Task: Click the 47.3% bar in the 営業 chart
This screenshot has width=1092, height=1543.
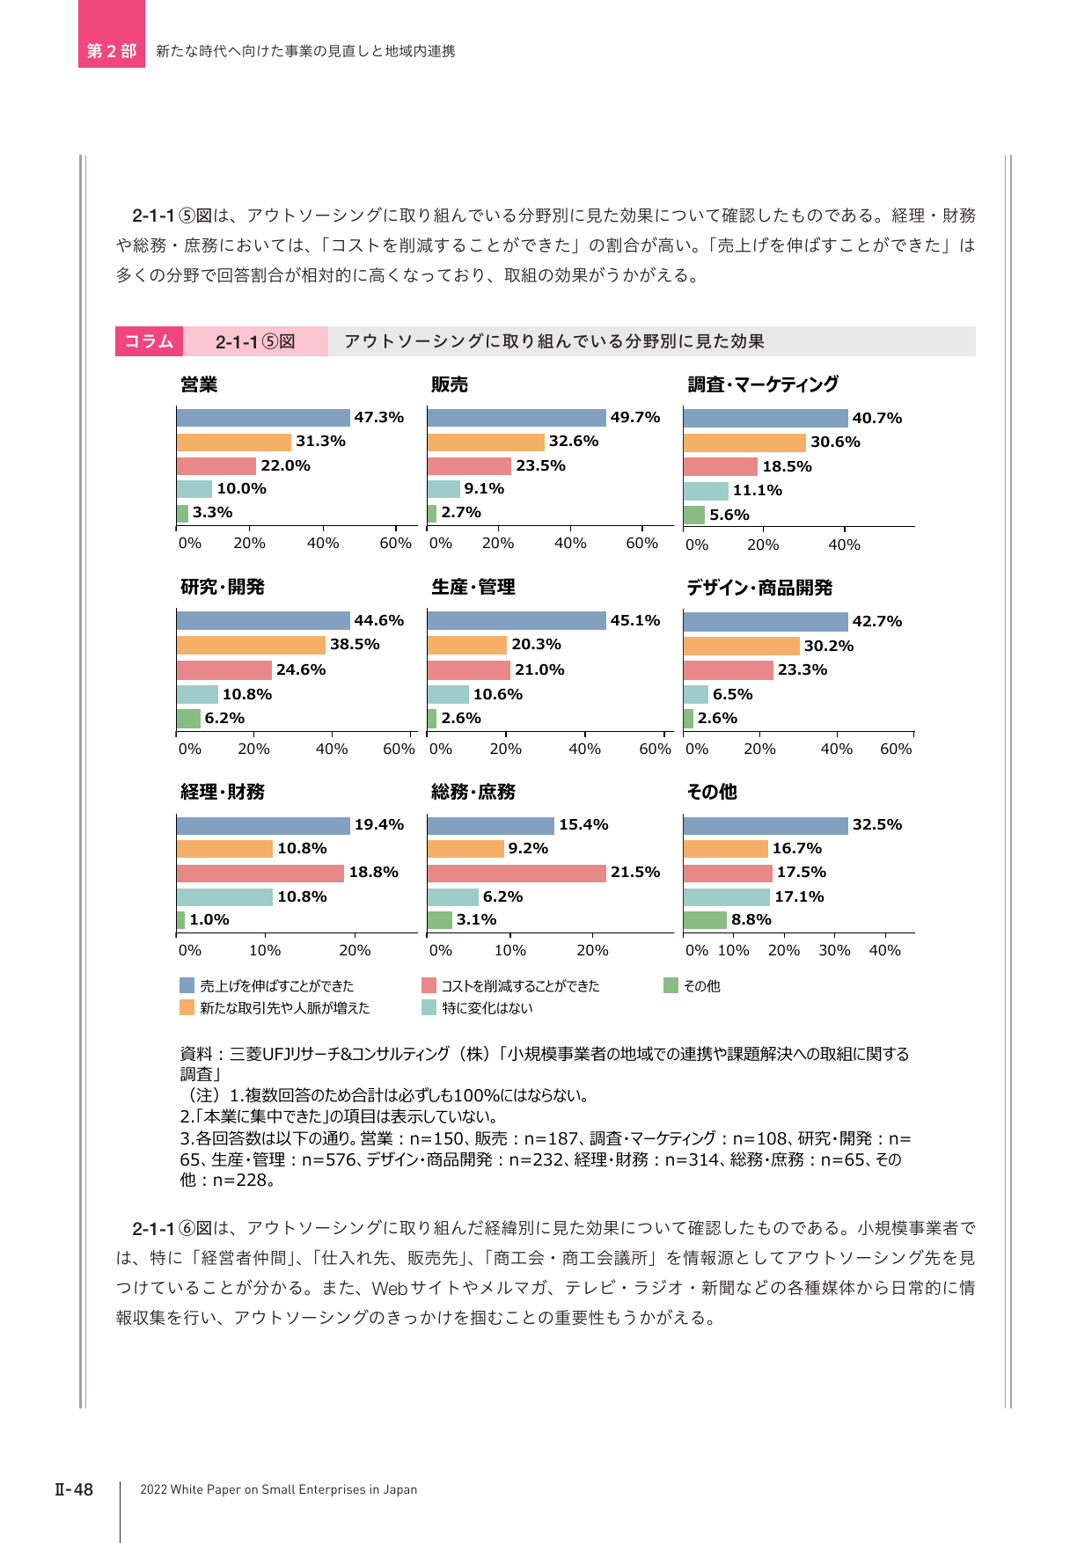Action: pos(263,418)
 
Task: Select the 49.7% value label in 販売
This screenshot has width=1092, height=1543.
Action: pos(635,417)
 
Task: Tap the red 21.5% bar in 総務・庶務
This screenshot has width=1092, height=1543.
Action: pos(517,873)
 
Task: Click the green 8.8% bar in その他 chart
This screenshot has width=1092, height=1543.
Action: pos(705,920)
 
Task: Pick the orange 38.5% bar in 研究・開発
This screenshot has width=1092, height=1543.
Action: pos(251,645)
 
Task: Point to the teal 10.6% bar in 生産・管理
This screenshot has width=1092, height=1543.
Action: pos(448,695)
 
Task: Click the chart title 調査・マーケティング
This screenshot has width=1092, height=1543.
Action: pos(763,384)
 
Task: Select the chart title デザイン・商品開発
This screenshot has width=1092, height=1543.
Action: pos(759,588)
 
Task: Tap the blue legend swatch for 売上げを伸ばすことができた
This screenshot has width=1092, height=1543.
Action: pos(187,985)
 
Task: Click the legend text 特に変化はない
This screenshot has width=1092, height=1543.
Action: pos(487,1008)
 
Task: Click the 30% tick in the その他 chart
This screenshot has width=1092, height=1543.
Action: pos(834,950)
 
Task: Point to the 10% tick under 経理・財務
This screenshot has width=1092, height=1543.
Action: pos(265,950)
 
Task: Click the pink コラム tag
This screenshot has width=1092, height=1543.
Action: pos(149,341)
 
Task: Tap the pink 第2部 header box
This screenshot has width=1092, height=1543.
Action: pos(112,34)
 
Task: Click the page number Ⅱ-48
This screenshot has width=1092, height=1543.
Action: pos(74,1489)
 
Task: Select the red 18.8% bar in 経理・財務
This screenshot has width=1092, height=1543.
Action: pos(260,873)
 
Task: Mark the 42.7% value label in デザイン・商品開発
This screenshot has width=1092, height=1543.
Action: pos(877,621)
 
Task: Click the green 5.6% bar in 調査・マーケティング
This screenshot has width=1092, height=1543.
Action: pos(694,515)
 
